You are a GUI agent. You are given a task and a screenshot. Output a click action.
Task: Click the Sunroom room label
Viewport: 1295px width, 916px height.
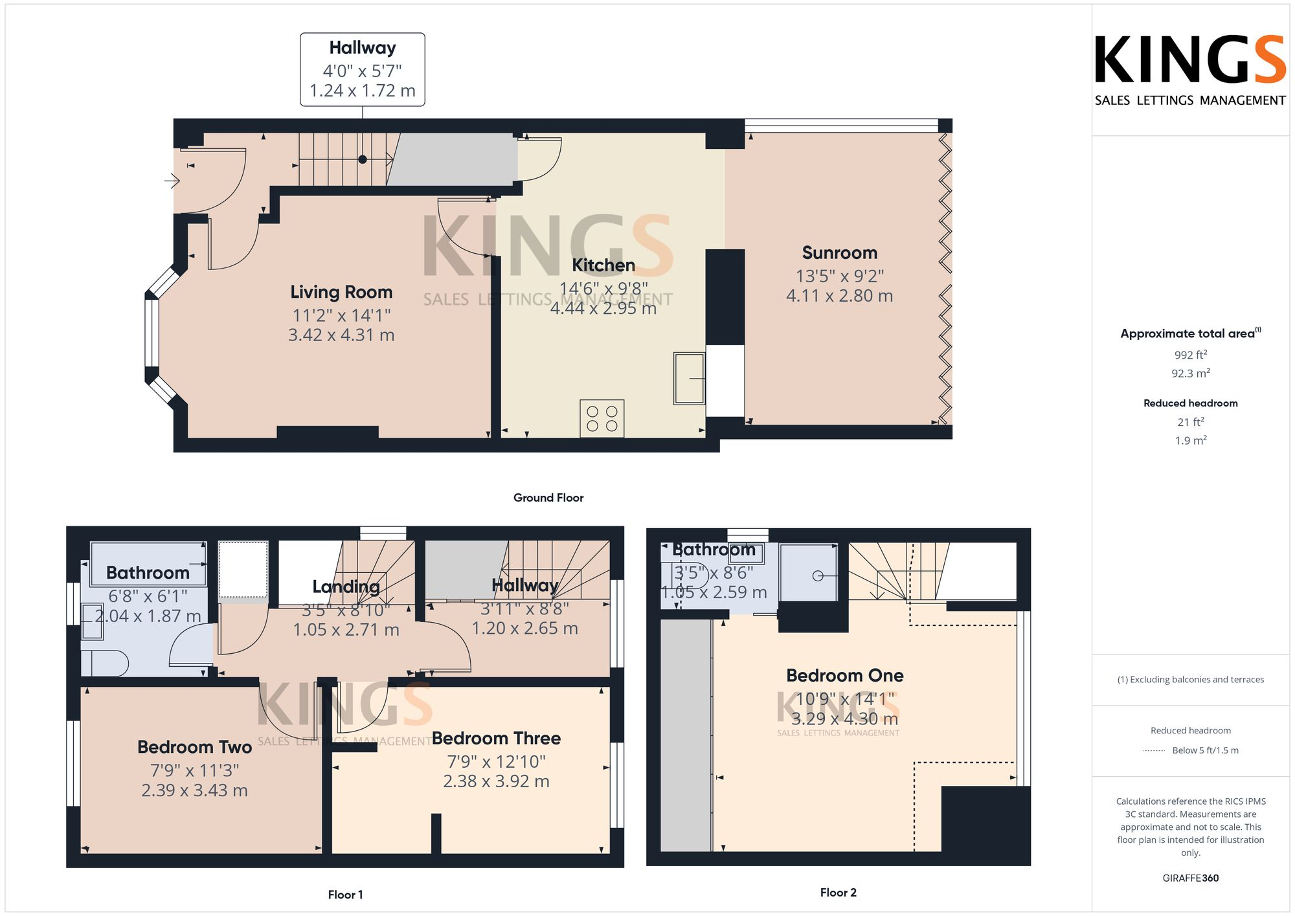(839, 252)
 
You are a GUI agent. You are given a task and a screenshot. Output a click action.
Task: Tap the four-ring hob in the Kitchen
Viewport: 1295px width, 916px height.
(602, 418)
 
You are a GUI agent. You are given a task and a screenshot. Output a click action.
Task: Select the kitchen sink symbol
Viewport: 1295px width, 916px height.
(689, 378)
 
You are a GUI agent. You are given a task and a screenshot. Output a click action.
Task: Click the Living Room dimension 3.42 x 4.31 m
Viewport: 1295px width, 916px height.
(341, 335)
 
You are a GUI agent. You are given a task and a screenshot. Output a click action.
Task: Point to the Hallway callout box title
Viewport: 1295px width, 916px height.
(362, 48)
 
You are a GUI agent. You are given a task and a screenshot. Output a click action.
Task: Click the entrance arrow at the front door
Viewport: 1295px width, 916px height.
(172, 181)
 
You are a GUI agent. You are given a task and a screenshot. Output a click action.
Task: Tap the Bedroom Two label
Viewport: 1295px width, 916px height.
(194, 747)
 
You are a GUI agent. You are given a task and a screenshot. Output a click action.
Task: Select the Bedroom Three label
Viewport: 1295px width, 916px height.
(496, 738)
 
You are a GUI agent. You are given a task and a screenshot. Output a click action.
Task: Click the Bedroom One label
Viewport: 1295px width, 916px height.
(844, 675)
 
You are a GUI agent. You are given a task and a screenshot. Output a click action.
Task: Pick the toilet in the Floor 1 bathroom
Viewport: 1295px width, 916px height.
(104, 664)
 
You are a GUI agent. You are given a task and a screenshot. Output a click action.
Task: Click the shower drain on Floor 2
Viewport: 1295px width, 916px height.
(817, 575)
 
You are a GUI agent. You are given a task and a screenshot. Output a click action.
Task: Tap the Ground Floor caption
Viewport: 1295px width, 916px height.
(548, 498)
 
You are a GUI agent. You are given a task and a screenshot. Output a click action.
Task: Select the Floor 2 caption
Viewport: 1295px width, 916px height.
(838, 893)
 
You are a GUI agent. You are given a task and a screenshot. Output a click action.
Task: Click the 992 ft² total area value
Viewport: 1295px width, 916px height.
(1190, 355)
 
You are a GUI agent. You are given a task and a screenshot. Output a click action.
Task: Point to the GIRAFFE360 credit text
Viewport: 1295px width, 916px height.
(1190, 878)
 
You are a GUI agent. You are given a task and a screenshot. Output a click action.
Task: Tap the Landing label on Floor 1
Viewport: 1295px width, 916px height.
(346, 586)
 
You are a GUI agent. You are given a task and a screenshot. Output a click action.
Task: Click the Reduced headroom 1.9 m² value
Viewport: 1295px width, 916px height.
(1190, 441)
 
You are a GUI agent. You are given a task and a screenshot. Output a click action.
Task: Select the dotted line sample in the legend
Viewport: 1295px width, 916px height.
(1154, 751)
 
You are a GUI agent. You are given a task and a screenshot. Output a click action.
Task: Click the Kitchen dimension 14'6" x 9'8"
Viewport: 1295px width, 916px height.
(603, 289)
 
